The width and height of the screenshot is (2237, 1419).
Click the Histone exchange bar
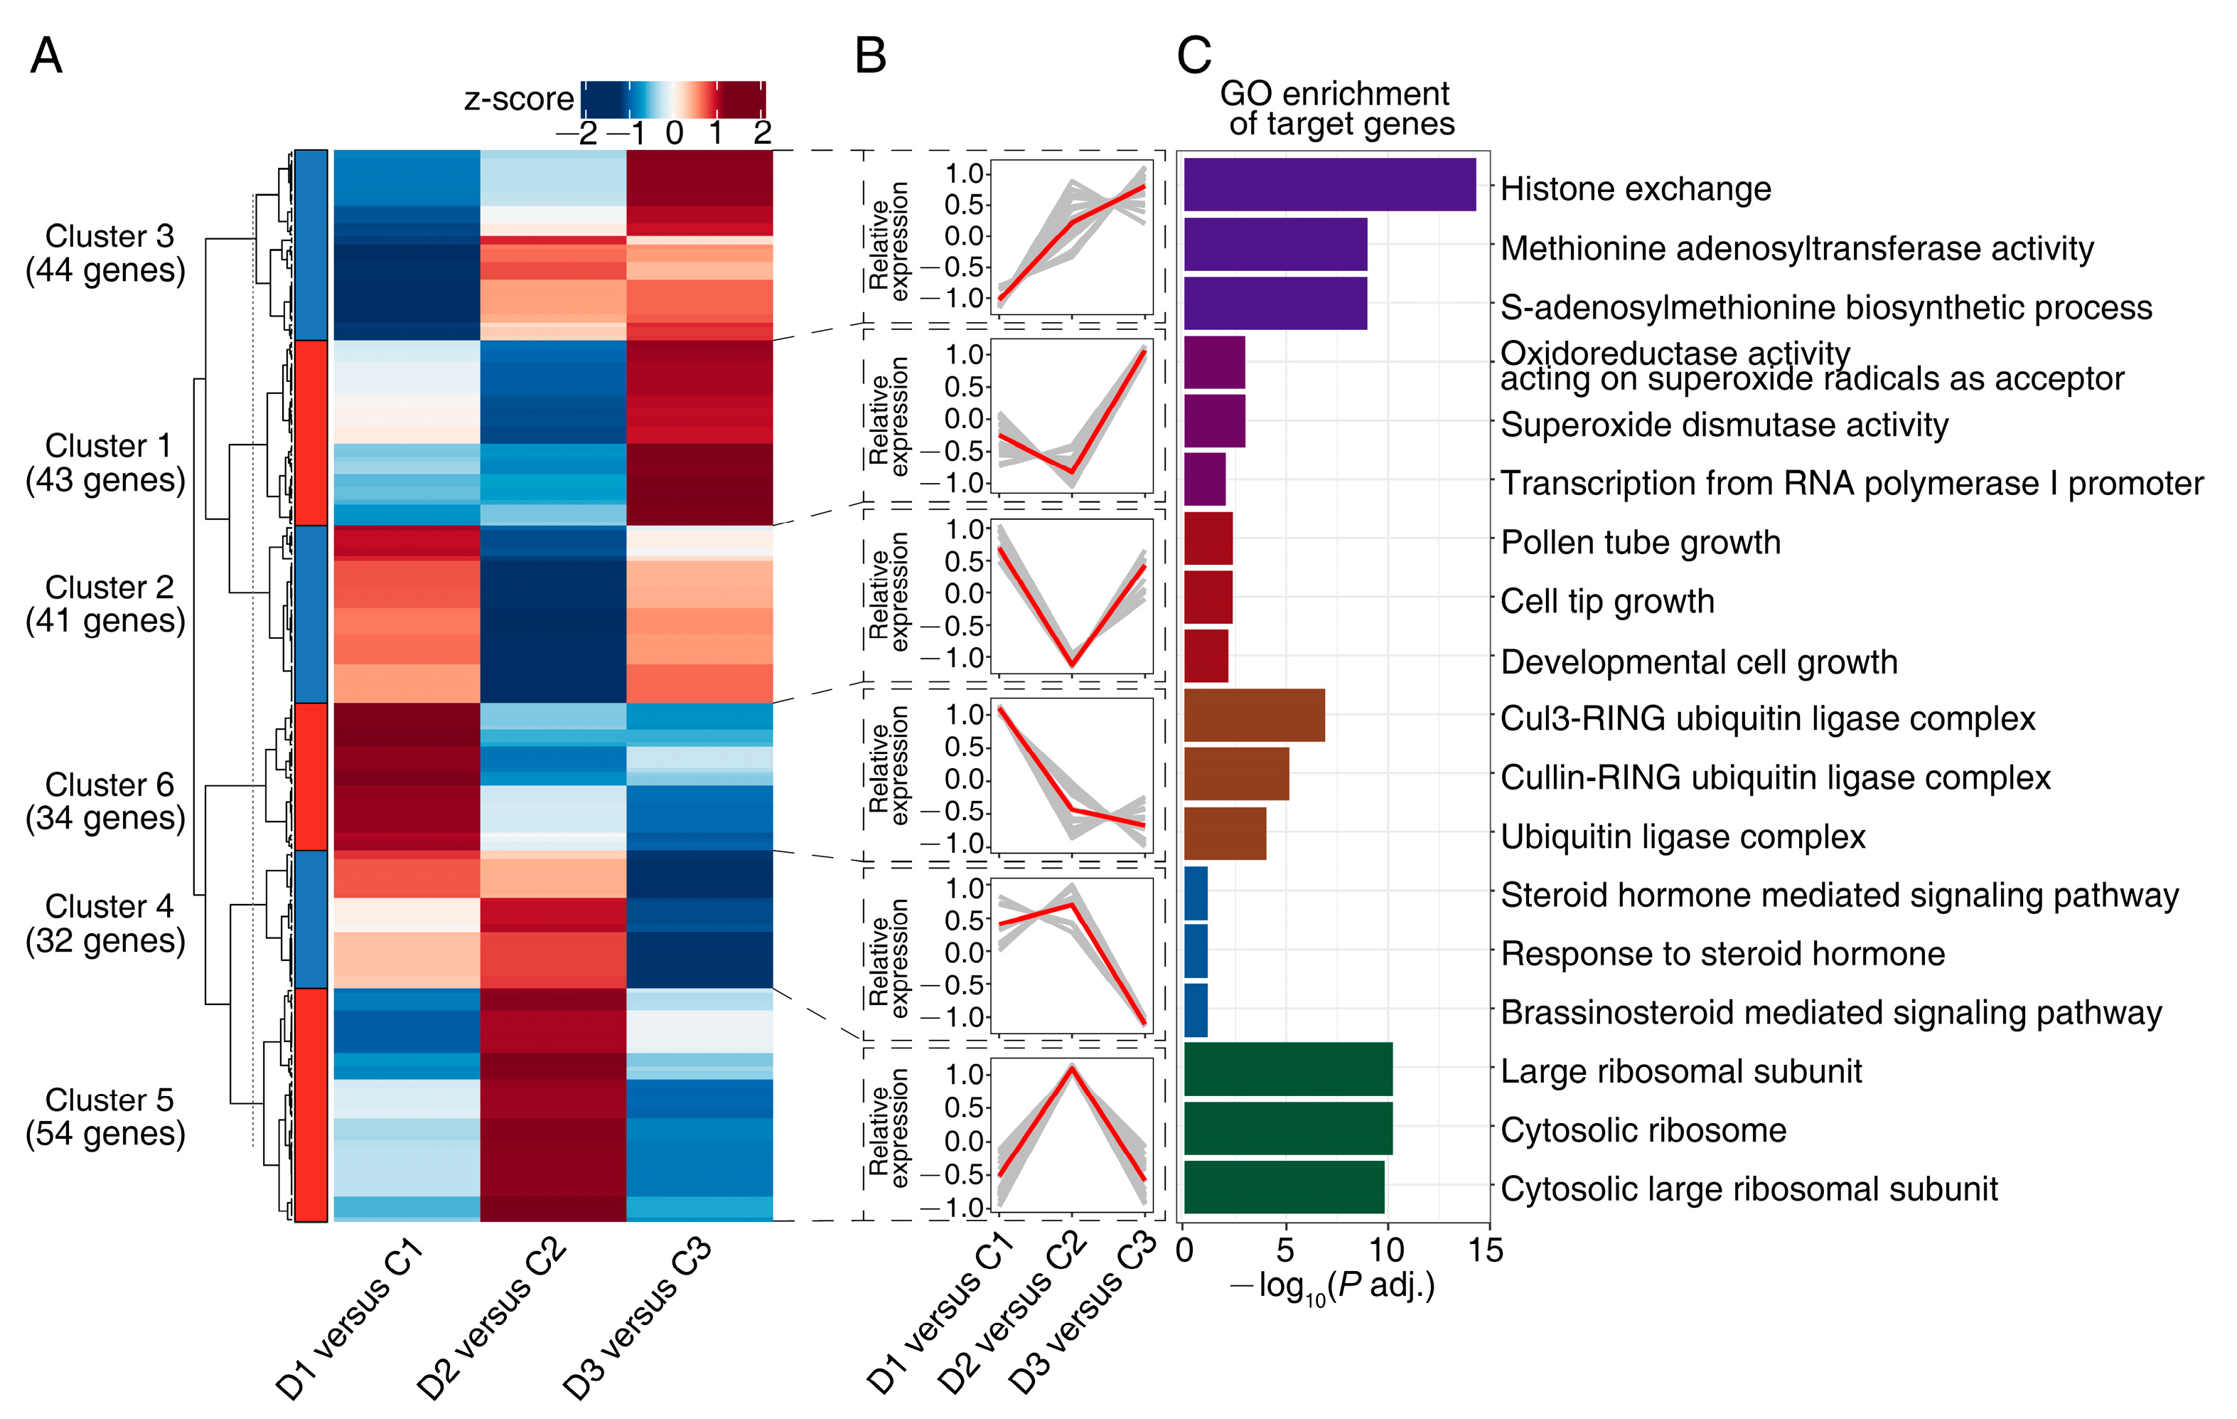coord(1329,185)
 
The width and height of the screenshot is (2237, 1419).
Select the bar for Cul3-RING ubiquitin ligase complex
coord(1253,716)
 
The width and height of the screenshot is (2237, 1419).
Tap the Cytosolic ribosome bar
coord(1287,1128)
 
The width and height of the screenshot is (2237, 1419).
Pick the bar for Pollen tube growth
coord(1208,539)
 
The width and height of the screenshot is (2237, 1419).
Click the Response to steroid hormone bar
coord(1196,952)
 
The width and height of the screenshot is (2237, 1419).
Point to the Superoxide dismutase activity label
coord(1724,425)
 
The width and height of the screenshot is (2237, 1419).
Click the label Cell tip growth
coord(1607,601)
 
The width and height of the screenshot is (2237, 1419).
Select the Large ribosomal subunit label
coord(1680,1071)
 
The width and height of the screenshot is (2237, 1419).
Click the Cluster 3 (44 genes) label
coord(106,253)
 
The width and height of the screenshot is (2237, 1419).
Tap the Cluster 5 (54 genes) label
coord(106,1116)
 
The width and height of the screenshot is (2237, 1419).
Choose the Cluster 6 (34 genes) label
coord(106,801)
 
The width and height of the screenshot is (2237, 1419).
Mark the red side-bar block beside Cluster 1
coord(311,433)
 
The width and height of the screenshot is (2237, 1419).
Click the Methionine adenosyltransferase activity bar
coord(1275,245)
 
